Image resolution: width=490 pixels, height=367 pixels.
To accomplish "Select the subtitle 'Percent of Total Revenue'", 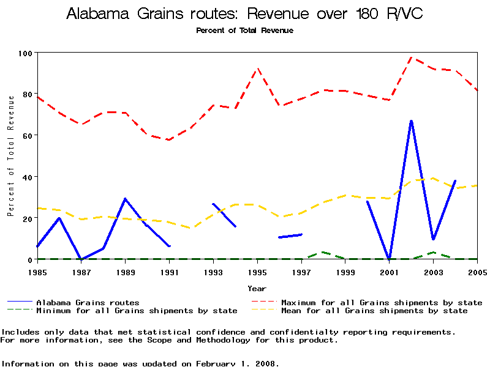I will click(244, 30).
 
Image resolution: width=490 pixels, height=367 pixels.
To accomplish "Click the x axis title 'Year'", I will click(257, 288).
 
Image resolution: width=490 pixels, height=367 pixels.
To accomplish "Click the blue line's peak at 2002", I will click(411, 121).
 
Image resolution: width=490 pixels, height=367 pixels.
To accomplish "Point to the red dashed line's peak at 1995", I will click(257, 69).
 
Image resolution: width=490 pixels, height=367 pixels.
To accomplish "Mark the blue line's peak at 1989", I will click(125, 199).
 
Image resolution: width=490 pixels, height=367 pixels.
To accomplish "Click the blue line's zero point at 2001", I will click(389, 258).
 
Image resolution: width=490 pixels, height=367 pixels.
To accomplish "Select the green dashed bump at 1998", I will click(323, 252).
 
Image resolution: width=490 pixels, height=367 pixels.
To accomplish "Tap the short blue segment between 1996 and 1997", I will click(290, 235).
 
